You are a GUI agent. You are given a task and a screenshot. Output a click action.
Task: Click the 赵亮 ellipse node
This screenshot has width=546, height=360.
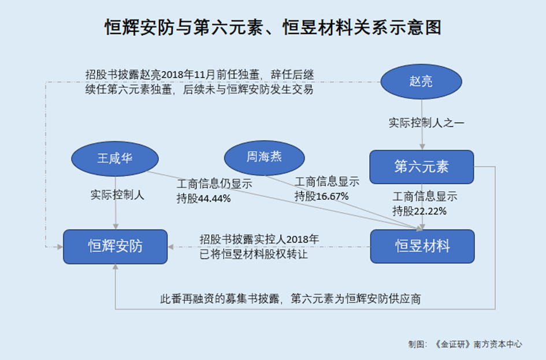pos(422,82)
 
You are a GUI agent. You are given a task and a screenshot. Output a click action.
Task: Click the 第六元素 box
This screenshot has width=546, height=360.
pos(422,168)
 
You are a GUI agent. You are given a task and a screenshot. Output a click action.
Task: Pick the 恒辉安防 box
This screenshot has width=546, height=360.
pos(116,247)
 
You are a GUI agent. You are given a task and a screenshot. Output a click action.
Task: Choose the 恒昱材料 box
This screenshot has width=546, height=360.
pos(422,247)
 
